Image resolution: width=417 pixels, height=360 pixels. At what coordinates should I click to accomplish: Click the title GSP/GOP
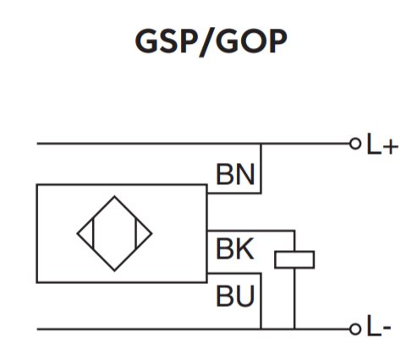point(211,42)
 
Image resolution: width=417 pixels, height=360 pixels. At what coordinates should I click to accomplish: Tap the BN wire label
point(235,175)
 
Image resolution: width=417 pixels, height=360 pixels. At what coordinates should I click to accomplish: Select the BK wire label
point(235,248)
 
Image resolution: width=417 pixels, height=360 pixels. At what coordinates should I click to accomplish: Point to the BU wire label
point(235,296)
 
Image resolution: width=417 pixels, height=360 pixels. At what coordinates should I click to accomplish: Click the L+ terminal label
point(382,145)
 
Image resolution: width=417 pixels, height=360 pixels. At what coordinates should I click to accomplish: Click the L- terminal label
point(379,325)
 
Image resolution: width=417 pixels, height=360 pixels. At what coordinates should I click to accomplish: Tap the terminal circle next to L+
point(355,144)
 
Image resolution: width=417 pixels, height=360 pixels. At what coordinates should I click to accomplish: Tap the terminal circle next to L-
point(355,329)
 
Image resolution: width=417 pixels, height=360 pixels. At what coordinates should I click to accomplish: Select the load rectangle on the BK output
point(294,251)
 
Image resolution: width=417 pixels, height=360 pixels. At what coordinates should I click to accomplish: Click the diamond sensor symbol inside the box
point(114,196)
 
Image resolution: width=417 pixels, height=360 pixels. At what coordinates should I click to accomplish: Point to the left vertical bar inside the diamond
point(93,233)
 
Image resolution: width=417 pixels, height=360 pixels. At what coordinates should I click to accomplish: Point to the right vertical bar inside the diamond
point(136,233)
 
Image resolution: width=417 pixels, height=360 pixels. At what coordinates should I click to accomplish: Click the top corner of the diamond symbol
point(114,196)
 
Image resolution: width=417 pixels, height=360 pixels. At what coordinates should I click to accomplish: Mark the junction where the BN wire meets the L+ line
point(261,144)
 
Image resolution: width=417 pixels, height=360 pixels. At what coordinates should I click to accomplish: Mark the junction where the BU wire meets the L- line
point(261,329)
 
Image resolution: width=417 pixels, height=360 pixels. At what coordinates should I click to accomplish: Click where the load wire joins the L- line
point(294,329)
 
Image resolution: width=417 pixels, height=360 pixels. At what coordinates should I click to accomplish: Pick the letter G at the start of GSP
point(146,41)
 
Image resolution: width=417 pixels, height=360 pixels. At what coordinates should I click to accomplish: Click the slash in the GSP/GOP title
point(206,43)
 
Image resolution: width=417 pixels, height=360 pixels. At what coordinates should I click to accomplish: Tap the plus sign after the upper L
point(391,147)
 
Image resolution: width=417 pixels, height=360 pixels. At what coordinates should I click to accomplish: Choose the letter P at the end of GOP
point(277,41)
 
